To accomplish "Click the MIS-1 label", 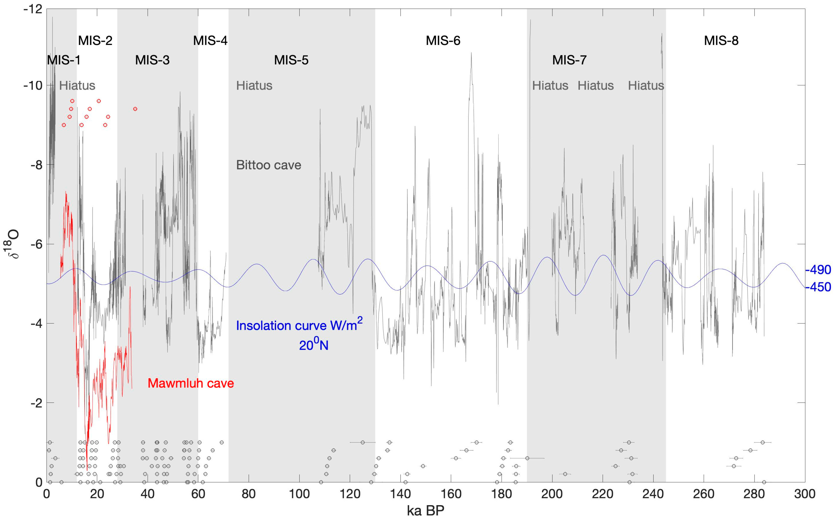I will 64,60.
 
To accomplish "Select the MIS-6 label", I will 443,41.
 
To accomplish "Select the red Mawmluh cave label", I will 191,383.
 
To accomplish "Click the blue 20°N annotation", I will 313,345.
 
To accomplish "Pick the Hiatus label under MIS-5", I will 254,85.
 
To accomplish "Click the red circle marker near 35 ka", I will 135,109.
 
